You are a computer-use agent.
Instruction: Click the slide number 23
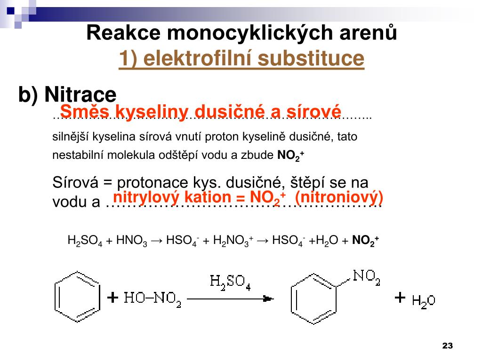tap(447, 346)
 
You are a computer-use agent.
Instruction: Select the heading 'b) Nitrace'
tap(67, 95)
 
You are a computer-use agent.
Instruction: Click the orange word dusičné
tap(228, 112)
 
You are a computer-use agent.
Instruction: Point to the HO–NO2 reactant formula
tap(153, 298)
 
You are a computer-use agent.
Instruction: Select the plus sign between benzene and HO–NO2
tap(112, 298)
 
